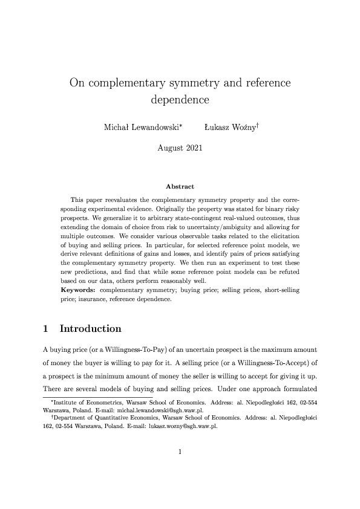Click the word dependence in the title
180,99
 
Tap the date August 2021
180,147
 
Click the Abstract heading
180,187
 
